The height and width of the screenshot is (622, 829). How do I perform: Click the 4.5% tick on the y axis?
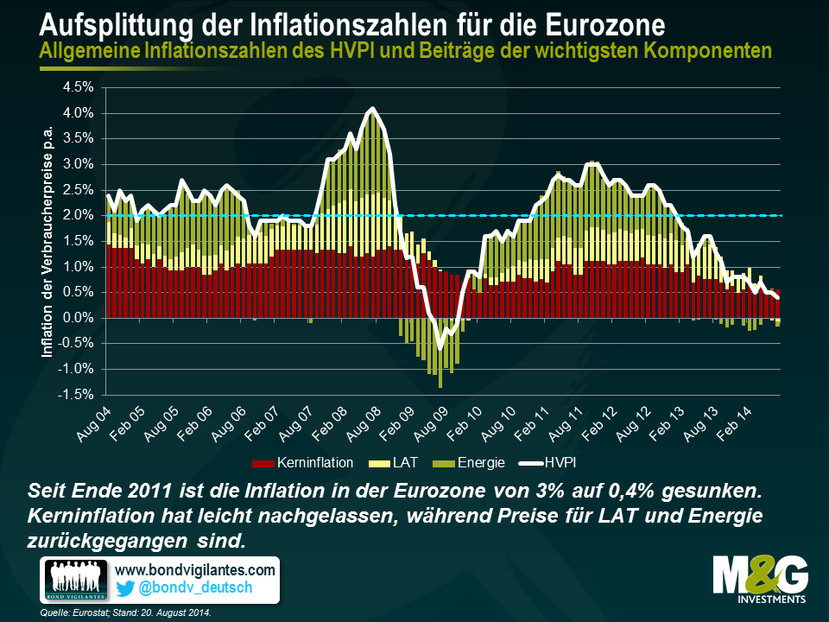[x=79, y=87]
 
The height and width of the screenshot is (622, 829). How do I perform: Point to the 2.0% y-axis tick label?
[x=79, y=215]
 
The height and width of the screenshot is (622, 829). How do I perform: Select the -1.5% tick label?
[x=77, y=395]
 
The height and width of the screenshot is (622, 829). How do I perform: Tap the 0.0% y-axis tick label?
[x=79, y=318]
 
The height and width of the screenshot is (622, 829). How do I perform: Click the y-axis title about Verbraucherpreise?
[x=49, y=240]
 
